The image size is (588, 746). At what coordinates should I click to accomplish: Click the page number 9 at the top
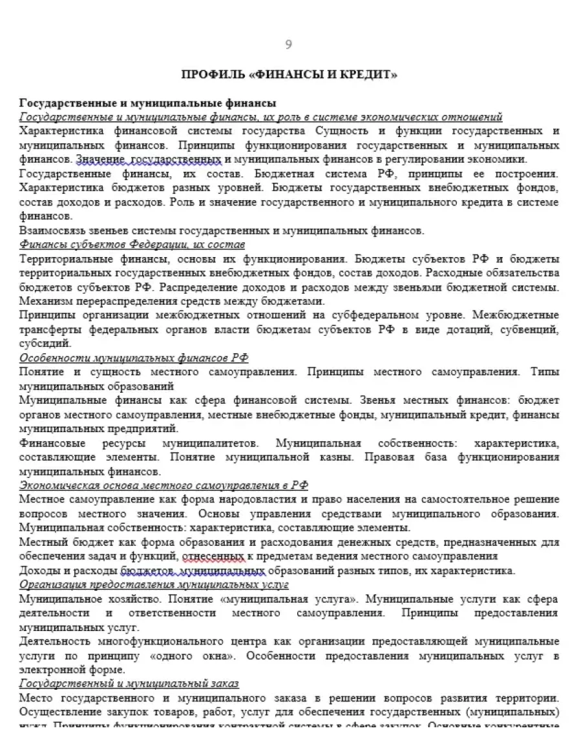click(288, 45)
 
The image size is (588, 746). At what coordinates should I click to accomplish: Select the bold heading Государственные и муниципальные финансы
click(148, 103)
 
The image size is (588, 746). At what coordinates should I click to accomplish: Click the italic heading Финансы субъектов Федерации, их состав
click(132, 245)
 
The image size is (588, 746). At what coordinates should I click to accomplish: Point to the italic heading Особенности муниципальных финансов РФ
click(134, 358)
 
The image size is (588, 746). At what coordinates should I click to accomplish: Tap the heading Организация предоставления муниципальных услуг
click(154, 585)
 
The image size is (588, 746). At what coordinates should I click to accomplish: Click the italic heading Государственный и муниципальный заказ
click(129, 684)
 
